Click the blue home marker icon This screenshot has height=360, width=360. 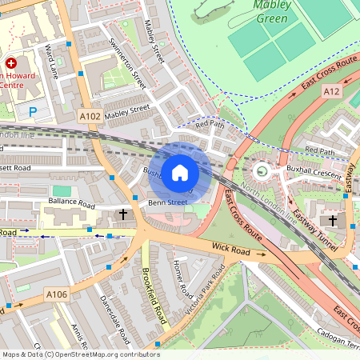[180, 172]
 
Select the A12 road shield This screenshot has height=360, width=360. [332, 92]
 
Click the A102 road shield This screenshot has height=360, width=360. [90, 116]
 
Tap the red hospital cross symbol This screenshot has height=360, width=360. [11, 62]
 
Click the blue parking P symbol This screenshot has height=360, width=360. [33, 112]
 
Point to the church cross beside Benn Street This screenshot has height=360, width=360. [123, 214]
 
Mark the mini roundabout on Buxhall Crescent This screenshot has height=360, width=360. [260, 170]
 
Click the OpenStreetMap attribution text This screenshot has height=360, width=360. [80, 354]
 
